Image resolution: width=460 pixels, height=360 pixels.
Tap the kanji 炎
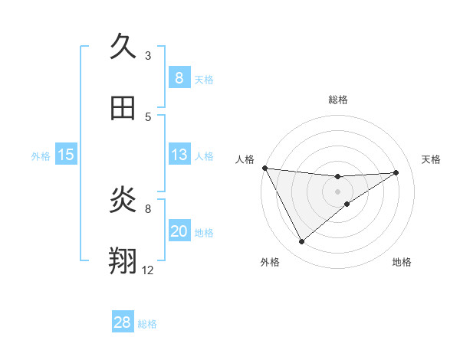(123, 200)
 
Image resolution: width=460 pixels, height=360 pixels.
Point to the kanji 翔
(123, 261)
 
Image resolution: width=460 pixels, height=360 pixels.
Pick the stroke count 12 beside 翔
(147, 270)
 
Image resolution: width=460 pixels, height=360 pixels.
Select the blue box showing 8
(179, 77)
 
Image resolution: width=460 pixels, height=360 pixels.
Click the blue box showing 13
(179, 155)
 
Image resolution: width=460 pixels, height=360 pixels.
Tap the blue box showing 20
(179, 231)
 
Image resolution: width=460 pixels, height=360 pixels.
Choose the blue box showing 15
(65, 155)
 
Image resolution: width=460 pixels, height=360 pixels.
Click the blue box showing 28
(123, 322)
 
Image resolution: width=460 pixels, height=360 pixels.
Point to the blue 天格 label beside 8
(204, 80)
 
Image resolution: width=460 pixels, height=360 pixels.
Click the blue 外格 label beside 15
(41, 156)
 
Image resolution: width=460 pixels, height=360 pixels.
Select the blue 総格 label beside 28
(147, 324)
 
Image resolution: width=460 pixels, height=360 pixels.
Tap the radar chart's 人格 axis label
(245, 159)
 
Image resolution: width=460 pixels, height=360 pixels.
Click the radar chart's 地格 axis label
(402, 262)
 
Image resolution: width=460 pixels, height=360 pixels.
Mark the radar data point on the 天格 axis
(396, 172)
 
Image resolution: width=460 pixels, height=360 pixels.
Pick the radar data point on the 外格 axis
(301, 241)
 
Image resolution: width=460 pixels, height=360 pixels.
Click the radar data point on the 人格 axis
(264, 168)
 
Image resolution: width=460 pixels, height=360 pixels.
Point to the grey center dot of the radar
(337, 191)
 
